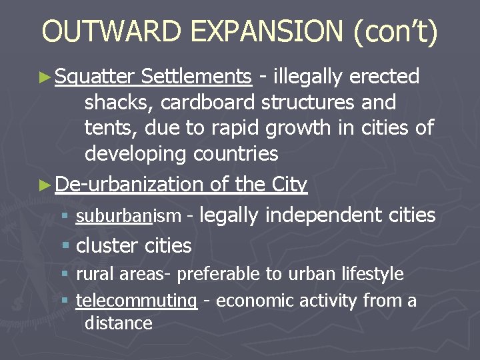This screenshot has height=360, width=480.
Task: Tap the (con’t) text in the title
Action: tap(399, 33)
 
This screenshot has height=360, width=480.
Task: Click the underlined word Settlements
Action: tap(197, 77)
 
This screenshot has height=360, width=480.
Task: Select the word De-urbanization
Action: tap(129, 184)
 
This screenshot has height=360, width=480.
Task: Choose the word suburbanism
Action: tap(128, 216)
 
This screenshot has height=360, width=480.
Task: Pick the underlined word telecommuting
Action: tap(137, 301)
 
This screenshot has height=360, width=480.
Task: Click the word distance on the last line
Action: tap(118, 323)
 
